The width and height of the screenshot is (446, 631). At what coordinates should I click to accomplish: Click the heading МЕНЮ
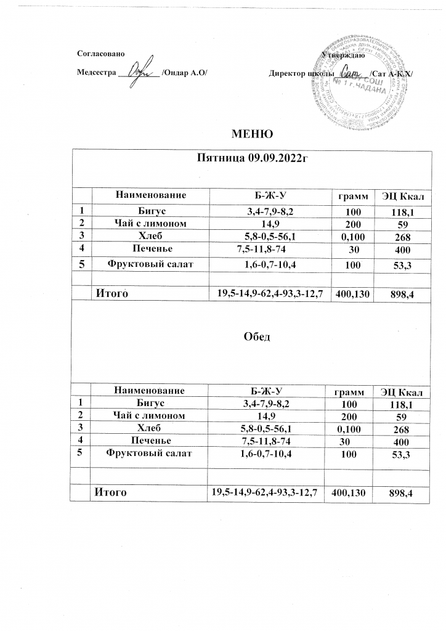[x=251, y=134]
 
